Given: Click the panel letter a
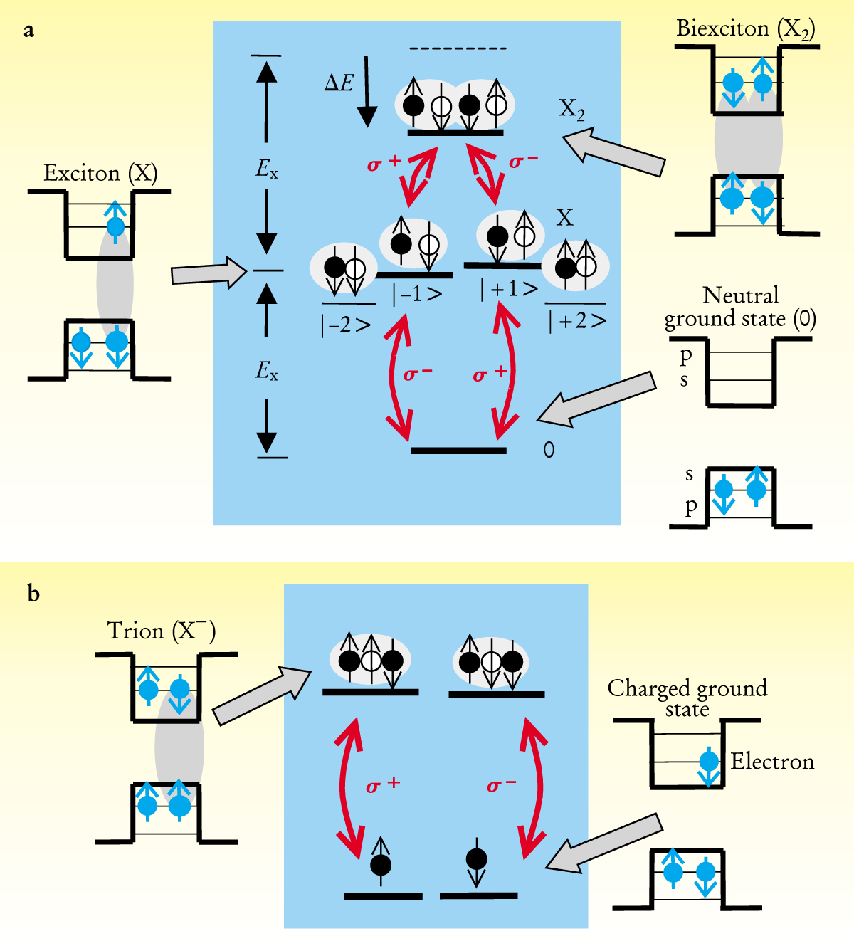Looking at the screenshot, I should (x=28, y=31).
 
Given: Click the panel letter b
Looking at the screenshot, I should (x=33, y=592).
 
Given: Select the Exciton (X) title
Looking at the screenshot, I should (x=100, y=173).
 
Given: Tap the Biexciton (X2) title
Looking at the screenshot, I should (x=744, y=29).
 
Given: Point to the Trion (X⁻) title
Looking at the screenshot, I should (x=161, y=631).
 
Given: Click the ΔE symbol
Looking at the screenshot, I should (x=339, y=83).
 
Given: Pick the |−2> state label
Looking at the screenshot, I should (x=346, y=325).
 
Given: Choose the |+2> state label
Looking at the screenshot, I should (x=577, y=321).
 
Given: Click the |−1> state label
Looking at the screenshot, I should (x=417, y=293).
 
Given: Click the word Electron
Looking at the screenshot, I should (x=772, y=762).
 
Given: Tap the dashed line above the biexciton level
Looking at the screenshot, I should (x=458, y=48).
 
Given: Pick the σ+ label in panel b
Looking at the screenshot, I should (x=383, y=785).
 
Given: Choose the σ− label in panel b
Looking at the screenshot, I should (x=501, y=785).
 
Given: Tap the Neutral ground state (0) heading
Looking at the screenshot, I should (x=740, y=307).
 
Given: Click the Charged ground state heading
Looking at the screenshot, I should (x=687, y=698).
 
